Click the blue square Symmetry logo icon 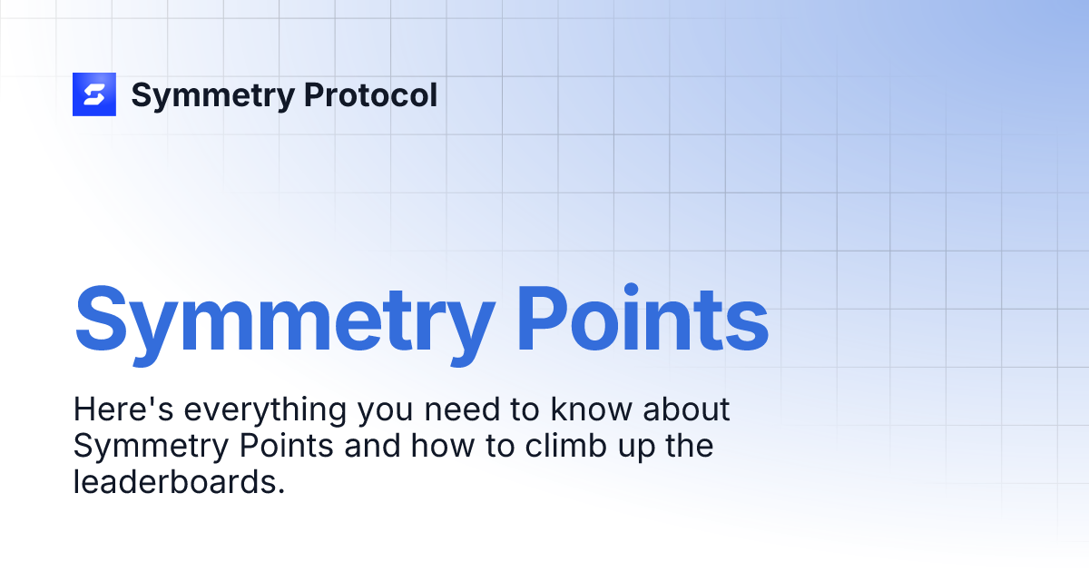94,94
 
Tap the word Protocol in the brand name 370,95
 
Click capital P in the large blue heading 548,320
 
